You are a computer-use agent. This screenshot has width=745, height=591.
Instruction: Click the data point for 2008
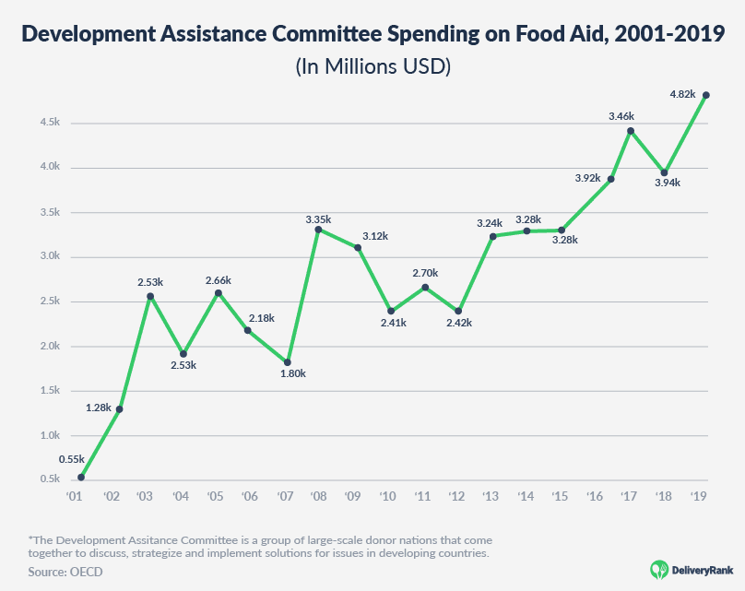[x=318, y=230]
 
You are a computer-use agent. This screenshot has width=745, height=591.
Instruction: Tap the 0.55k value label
[x=71, y=458]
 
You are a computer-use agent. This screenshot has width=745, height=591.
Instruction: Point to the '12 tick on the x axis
[x=457, y=495]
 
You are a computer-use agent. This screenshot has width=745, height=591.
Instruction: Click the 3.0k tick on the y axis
[x=50, y=257]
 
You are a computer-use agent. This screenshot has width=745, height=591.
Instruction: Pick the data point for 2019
[x=706, y=95]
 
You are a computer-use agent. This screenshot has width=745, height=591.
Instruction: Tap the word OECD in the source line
[x=88, y=573]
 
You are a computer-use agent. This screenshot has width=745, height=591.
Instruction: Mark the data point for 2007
[x=288, y=362]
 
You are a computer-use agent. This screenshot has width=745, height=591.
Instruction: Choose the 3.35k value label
[x=318, y=219]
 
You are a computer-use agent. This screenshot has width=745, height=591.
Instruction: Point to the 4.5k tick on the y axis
[x=50, y=123]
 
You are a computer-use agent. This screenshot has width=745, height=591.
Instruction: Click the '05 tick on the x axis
[x=214, y=495]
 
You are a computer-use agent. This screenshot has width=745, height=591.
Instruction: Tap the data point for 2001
[x=82, y=477]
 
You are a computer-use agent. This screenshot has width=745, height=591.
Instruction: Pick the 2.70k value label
[x=424, y=273]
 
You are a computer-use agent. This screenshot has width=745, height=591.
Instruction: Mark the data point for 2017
[x=631, y=131]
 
